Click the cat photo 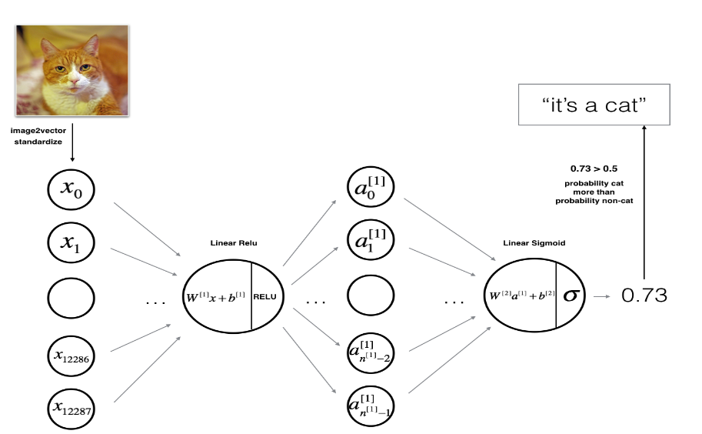[72, 70]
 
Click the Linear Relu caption [234, 243]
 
